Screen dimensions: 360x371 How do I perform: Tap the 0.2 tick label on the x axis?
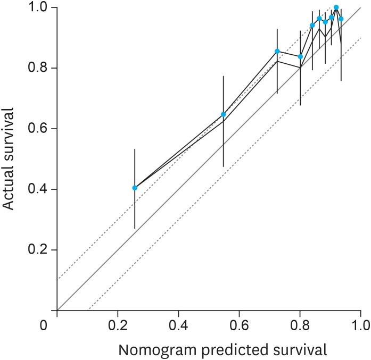pyautogui.click(x=118, y=324)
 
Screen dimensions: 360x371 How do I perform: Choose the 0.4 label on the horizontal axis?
pyautogui.click(x=178, y=324)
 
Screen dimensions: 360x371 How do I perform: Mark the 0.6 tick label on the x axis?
pyautogui.click(x=239, y=324)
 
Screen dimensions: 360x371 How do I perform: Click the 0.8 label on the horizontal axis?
pyautogui.click(x=300, y=324)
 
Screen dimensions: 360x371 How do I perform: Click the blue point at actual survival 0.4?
pyautogui.click(x=135, y=188)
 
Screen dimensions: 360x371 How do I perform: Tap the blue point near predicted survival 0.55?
pyautogui.click(x=224, y=114)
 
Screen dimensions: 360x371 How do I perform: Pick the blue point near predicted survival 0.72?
pyautogui.click(x=277, y=51)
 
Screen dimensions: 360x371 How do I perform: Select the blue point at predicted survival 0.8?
pyautogui.click(x=300, y=56)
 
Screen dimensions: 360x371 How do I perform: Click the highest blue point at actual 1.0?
pyautogui.click(x=336, y=7)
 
